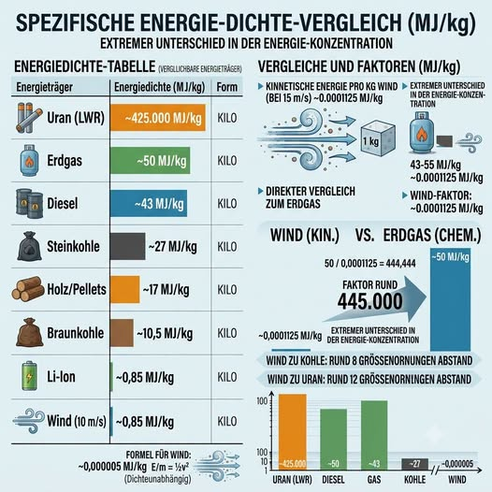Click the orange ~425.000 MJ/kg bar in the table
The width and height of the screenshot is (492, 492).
(x=158, y=118)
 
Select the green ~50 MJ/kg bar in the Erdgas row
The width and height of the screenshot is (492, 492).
(x=150, y=160)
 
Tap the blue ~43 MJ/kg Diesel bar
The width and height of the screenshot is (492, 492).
(x=149, y=203)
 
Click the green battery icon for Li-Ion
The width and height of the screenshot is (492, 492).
(x=29, y=376)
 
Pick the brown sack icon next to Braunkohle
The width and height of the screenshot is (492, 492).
(x=29, y=333)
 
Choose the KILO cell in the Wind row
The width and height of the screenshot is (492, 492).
(x=227, y=421)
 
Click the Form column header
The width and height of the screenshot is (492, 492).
(x=227, y=87)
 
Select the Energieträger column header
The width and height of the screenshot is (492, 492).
(x=45, y=87)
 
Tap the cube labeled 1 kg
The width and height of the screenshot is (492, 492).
(x=377, y=139)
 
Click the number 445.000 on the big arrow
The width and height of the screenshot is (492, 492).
(x=370, y=301)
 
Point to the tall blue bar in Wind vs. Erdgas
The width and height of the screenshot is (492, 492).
(x=450, y=299)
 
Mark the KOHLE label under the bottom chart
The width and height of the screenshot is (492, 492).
(x=414, y=480)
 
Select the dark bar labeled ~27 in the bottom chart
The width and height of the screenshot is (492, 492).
(x=414, y=464)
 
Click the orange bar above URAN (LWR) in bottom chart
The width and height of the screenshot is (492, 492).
(x=293, y=432)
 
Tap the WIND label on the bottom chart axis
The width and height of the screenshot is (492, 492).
(x=456, y=480)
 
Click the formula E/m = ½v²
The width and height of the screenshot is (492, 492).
(x=170, y=467)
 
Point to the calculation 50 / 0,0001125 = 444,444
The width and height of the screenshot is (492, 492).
(x=370, y=263)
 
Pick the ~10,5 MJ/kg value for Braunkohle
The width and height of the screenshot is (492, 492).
(x=165, y=334)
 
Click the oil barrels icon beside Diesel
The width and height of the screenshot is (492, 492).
(x=29, y=203)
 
